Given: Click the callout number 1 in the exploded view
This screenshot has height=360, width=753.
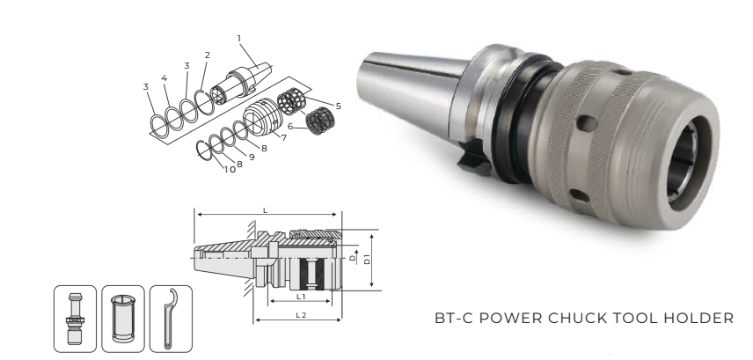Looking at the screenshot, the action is click(x=239, y=39).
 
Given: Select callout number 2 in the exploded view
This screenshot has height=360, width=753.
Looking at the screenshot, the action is click(x=207, y=55).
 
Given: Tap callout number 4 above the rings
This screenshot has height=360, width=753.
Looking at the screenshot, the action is click(x=164, y=77).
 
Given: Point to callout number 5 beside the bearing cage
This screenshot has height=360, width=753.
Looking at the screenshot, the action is click(x=339, y=107).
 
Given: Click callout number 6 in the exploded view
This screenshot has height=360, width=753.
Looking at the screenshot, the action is click(x=290, y=127).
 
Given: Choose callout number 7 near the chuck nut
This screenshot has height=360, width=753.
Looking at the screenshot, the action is click(x=284, y=138).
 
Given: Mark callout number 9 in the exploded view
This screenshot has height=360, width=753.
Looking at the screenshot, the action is click(x=252, y=158).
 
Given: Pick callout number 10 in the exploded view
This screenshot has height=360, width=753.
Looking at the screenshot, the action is click(x=230, y=170).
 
